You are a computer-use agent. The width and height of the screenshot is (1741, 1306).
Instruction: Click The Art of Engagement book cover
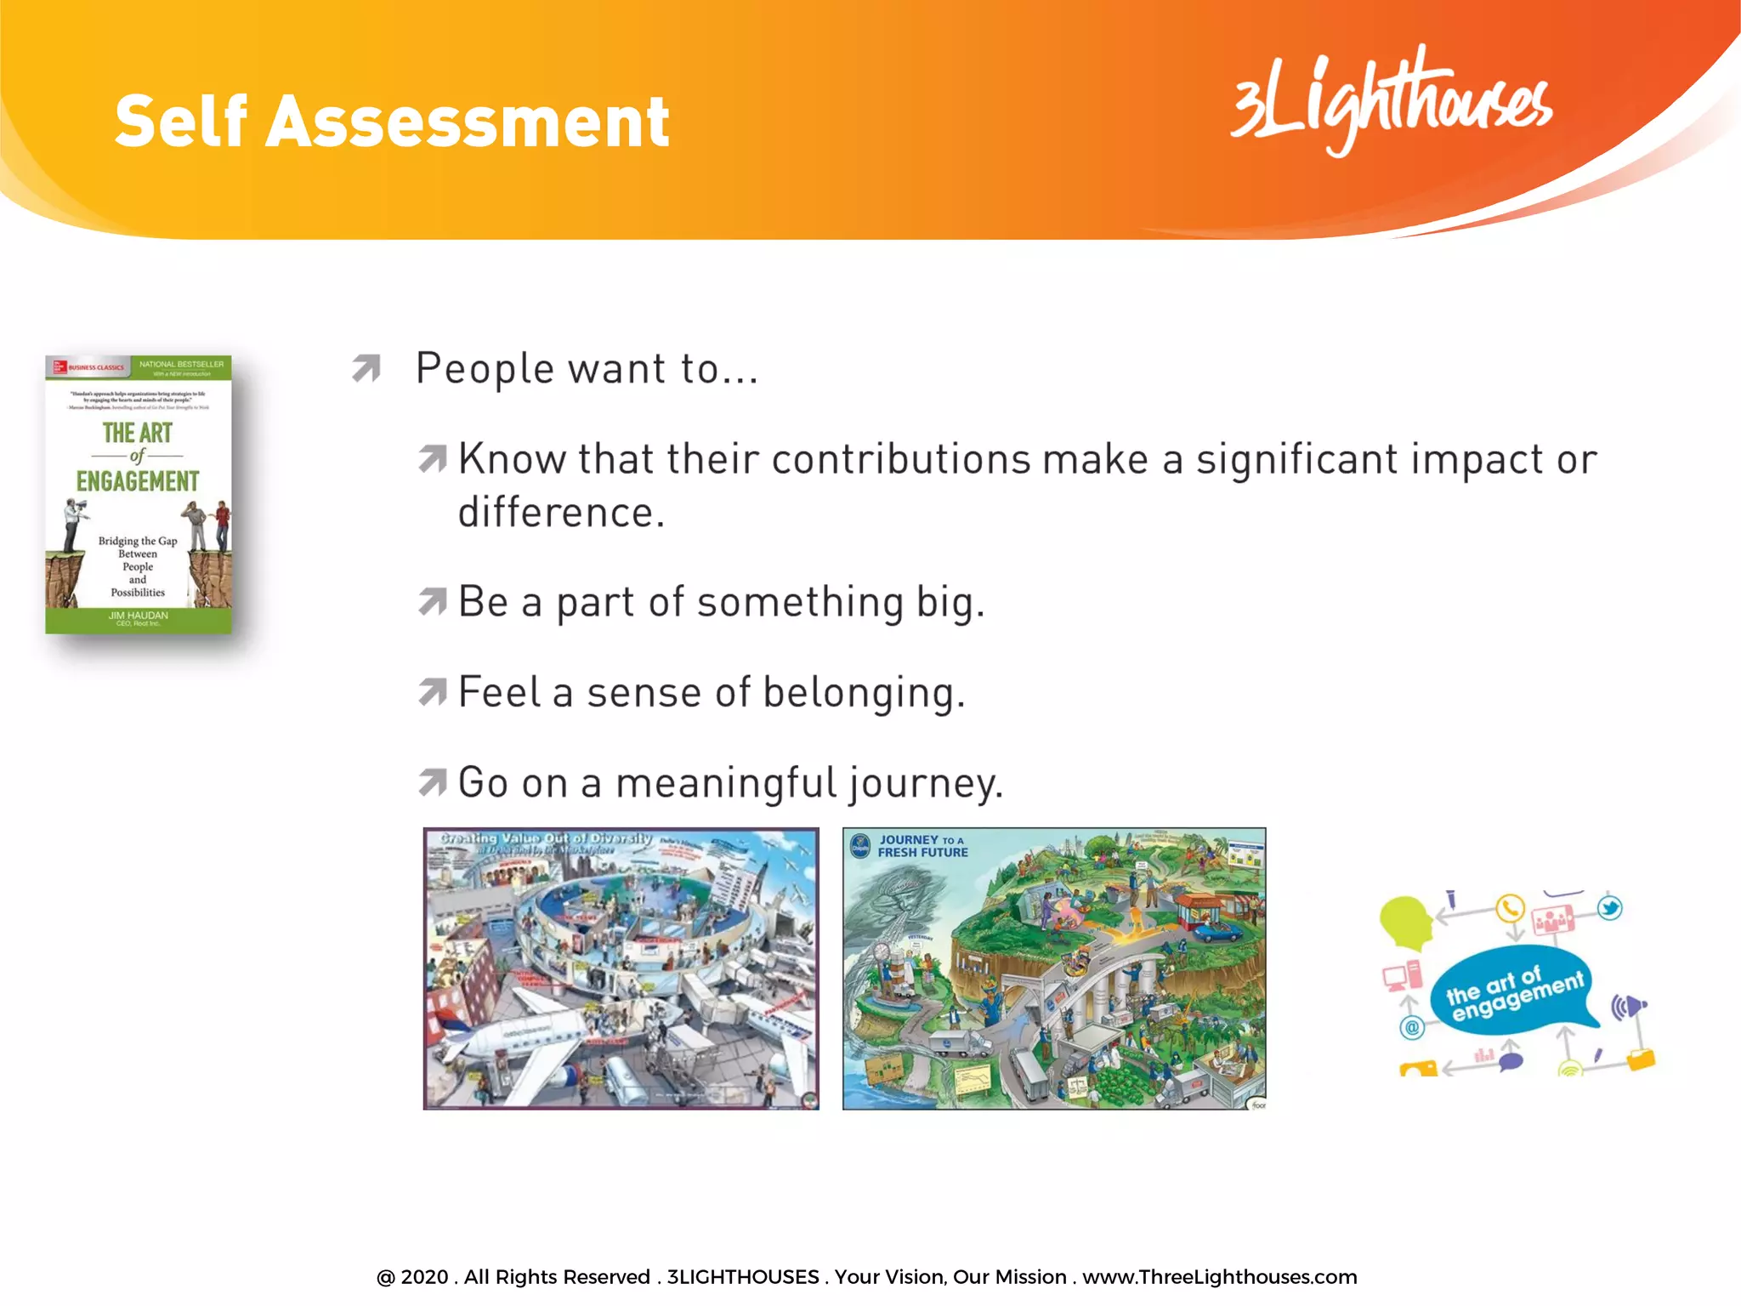point(139,494)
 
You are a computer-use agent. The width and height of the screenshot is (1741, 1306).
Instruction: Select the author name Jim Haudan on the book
point(139,615)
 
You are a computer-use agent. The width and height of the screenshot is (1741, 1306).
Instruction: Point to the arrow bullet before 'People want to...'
point(366,368)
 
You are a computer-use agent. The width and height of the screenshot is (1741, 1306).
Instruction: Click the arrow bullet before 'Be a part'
point(433,602)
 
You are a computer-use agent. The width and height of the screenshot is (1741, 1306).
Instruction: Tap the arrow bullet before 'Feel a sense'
point(433,692)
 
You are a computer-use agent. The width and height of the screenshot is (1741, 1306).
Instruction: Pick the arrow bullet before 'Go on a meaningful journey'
point(433,782)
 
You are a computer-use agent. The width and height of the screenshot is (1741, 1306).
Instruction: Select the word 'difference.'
point(561,513)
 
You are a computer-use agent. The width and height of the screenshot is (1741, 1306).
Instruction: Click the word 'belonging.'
point(864,692)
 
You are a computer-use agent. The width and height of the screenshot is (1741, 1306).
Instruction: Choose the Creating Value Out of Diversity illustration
point(621,968)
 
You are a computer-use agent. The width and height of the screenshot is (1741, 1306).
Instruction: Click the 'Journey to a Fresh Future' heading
point(922,846)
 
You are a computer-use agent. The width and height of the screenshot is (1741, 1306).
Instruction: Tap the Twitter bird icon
point(1609,908)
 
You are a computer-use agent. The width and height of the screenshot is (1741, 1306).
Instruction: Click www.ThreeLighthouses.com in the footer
point(1219,1277)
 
